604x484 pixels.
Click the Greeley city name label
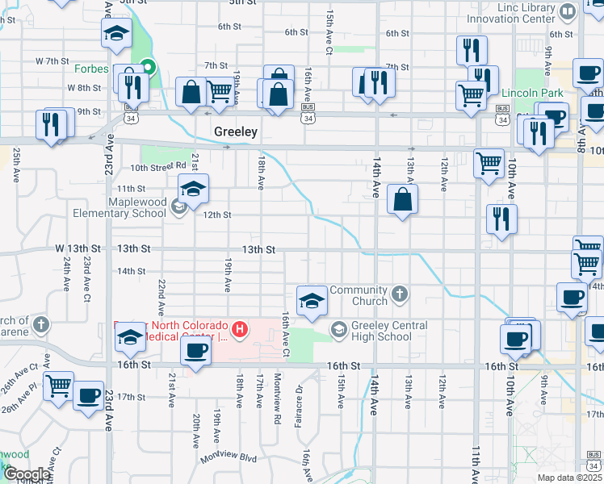point(236,131)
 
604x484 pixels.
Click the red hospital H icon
point(240,328)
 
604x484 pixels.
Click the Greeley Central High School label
point(383,331)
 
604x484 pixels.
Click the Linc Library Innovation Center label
point(515,12)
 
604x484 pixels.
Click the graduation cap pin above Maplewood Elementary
point(193,190)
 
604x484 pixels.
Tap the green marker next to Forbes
point(148,68)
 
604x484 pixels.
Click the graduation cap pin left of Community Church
point(311,301)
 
